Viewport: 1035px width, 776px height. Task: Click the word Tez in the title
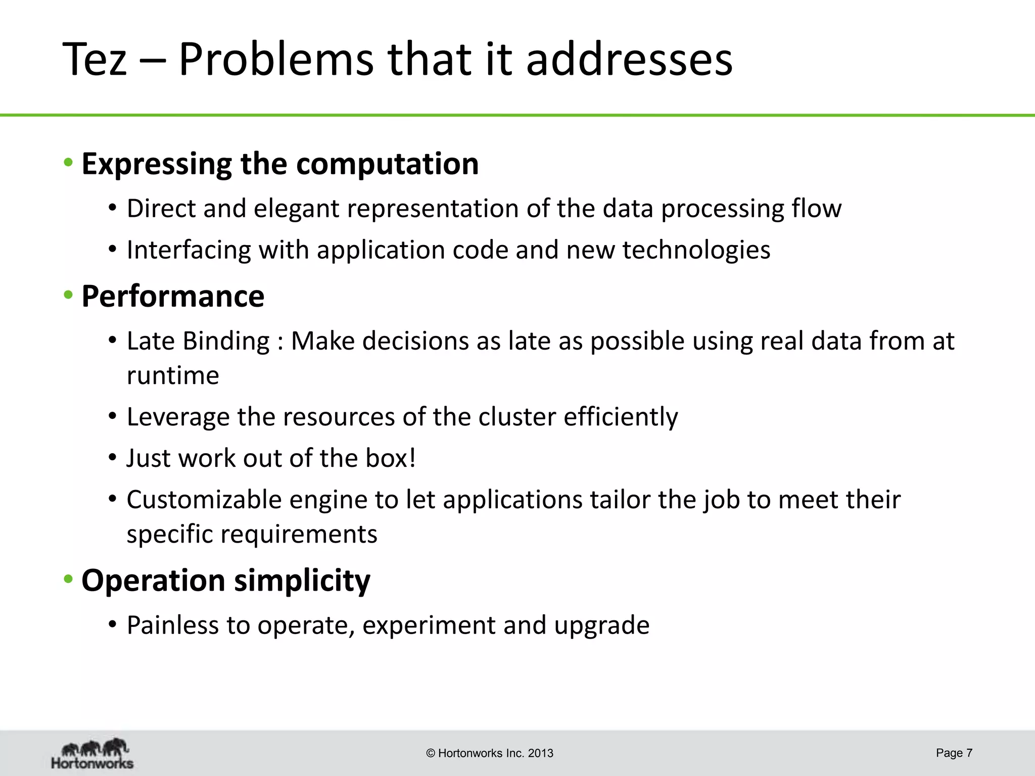pyautogui.click(x=95, y=60)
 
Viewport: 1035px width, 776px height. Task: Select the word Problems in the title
pyautogui.click(x=276, y=60)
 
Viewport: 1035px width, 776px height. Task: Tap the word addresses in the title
pyautogui.click(x=629, y=60)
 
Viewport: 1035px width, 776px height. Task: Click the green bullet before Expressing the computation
pyautogui.click(x=68, y=163)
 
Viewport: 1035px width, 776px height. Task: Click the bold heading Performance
pyautogui.click(x=173, y=296)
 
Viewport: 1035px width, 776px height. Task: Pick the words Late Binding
pyautogui.click(x=198, y=341)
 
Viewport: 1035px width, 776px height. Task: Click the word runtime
pyautogui.click(x=173, y=375)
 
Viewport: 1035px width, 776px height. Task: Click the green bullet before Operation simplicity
pyautogui.click(x=68, y=579)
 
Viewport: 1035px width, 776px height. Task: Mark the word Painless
pyautogui.click(x=172, y=625)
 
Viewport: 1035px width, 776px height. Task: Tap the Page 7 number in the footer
pyautogui.click(x=954, y=753)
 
